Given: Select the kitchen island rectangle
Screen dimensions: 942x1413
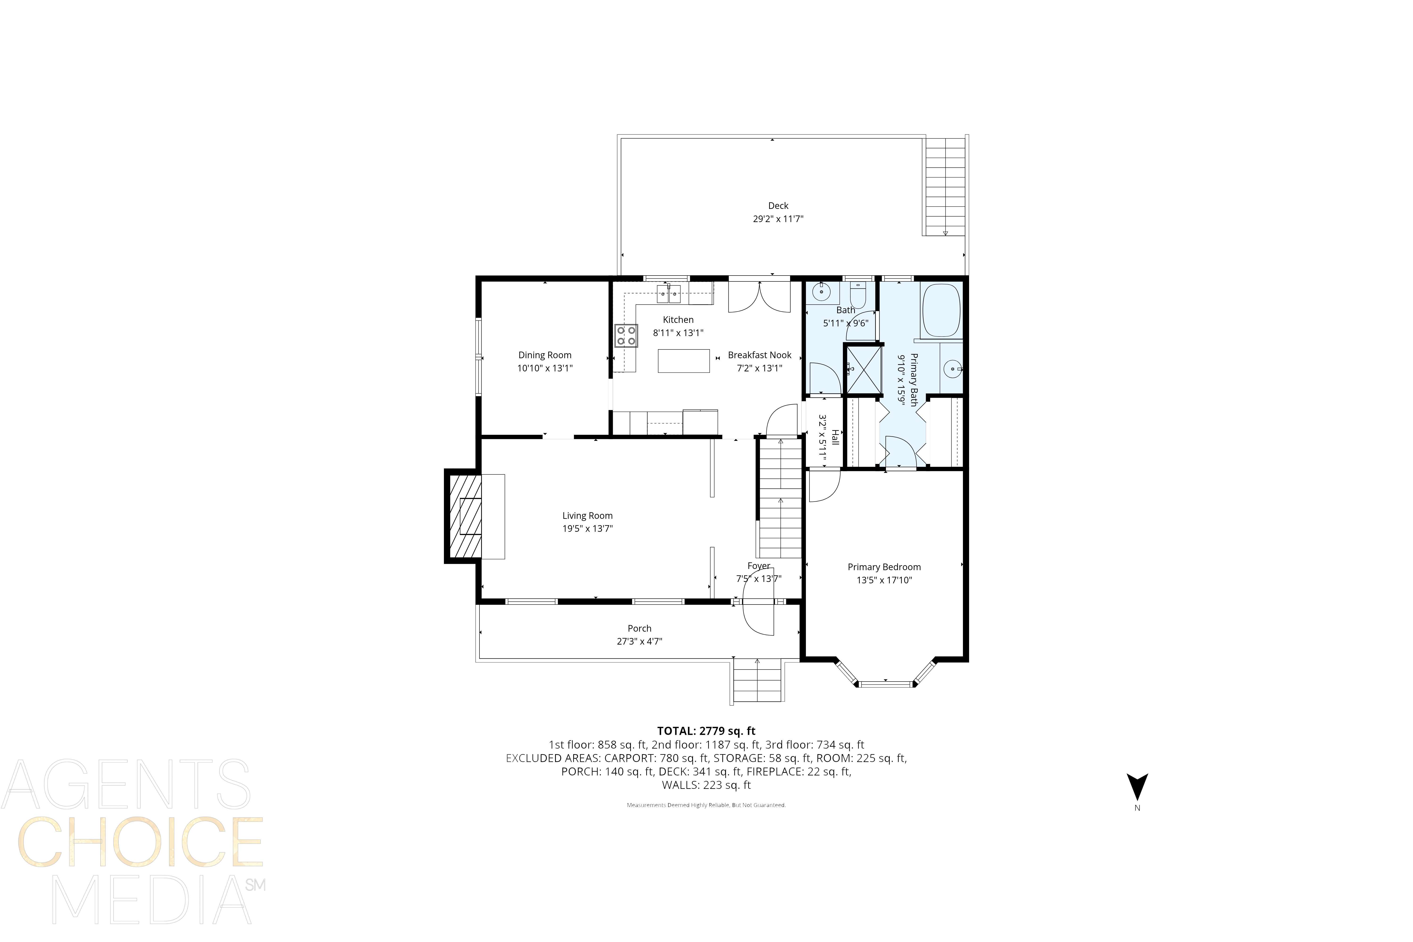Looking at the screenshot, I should [683, 361].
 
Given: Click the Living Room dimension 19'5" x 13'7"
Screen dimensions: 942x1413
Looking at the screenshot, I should [587, 529].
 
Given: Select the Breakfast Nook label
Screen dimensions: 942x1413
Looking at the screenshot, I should [759, 355].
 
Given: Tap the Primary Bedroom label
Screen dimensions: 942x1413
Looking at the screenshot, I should [884, 567].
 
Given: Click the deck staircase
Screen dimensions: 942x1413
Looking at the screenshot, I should [944, 186].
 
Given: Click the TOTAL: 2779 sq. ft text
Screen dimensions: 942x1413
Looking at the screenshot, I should [706, 731].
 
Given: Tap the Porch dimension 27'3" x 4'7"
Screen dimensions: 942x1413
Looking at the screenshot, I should [639, 642].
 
